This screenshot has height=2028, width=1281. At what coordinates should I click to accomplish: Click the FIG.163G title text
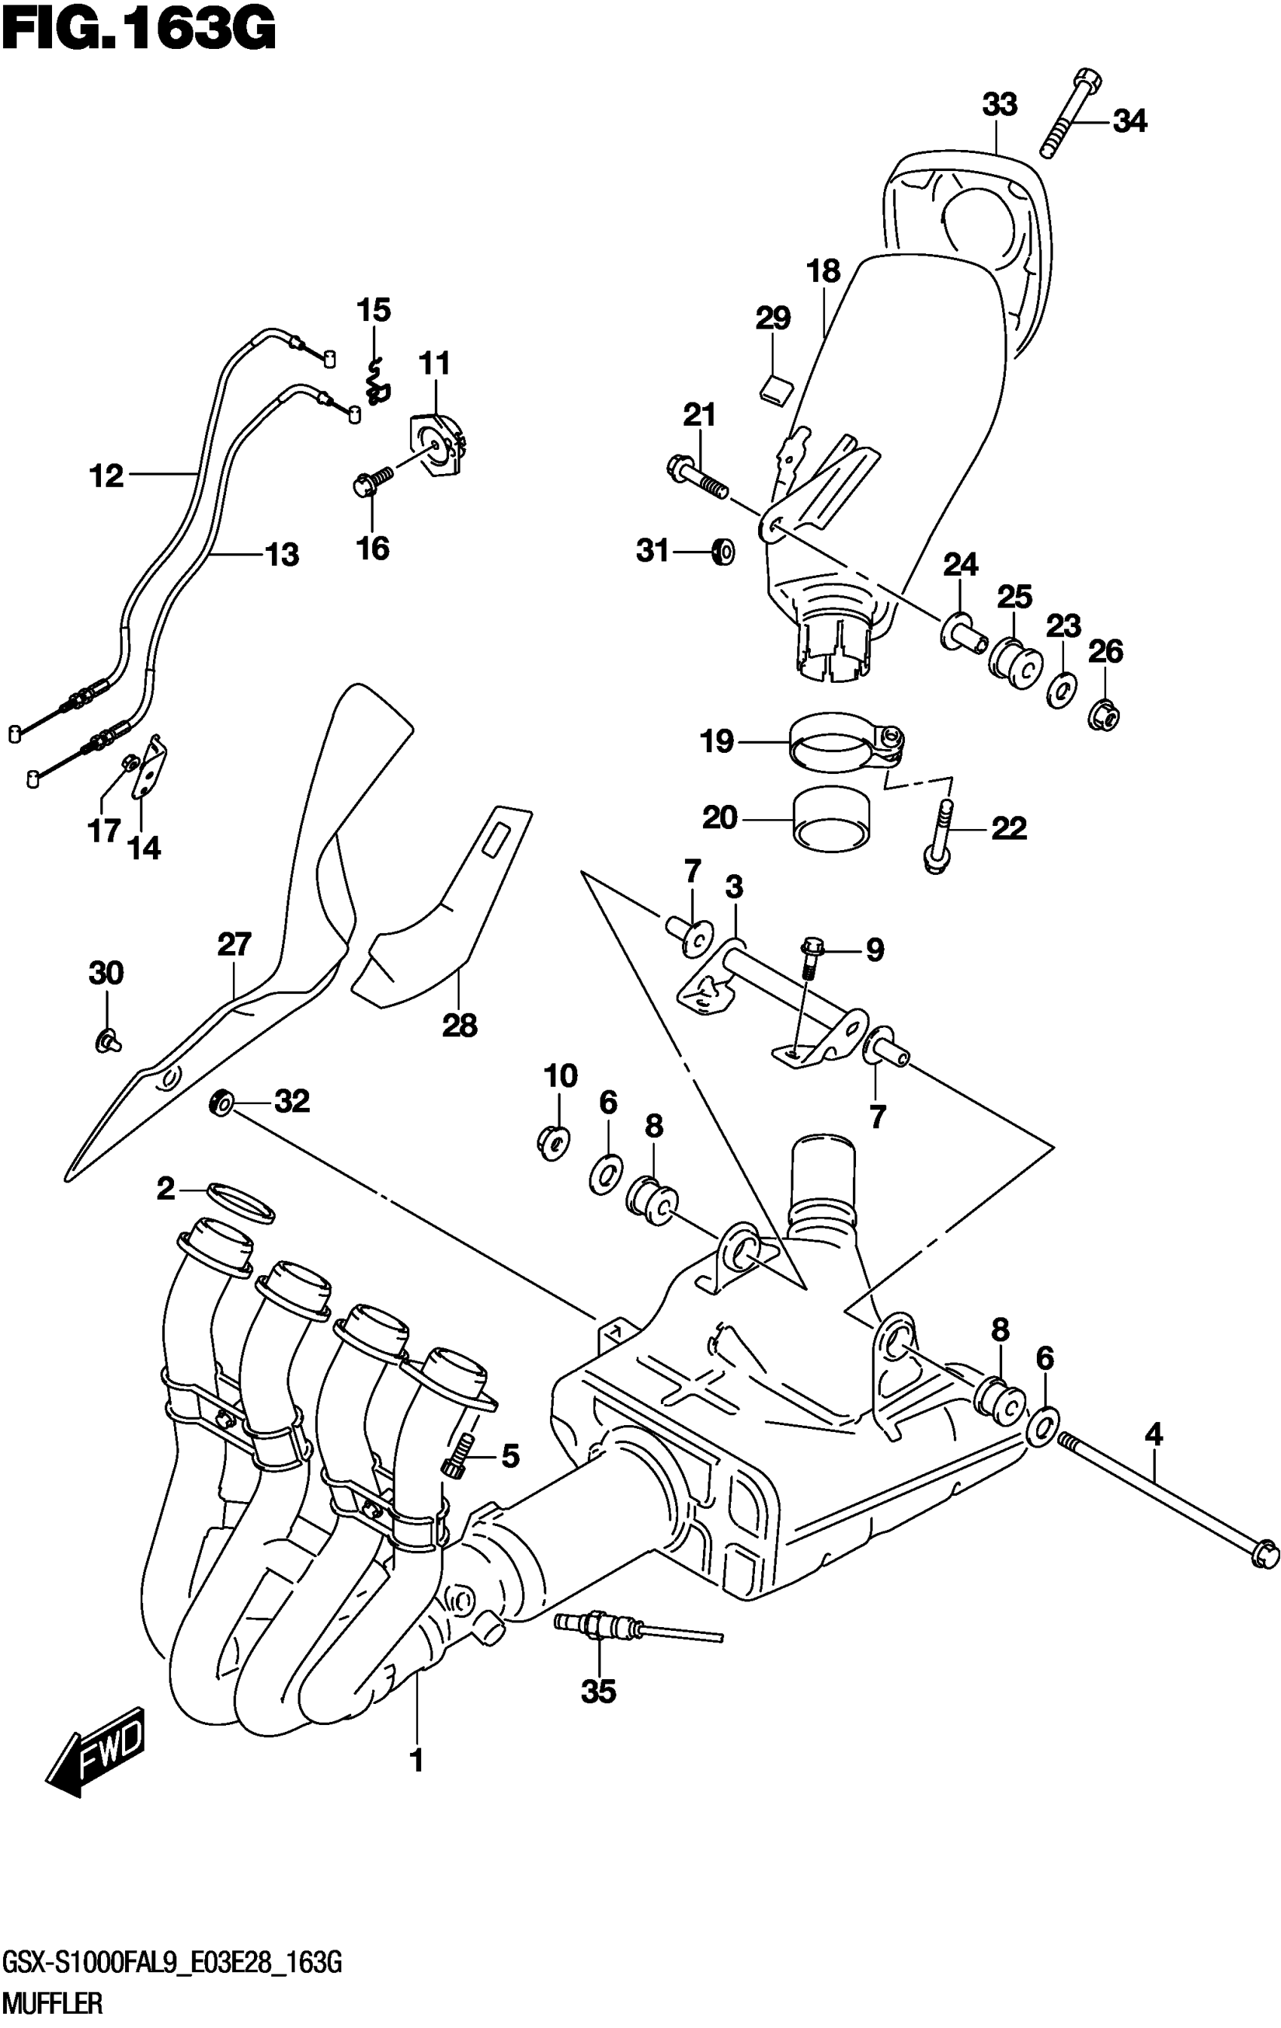tap(138, 31)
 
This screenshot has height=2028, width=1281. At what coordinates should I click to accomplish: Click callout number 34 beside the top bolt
tap(1129, 122)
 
